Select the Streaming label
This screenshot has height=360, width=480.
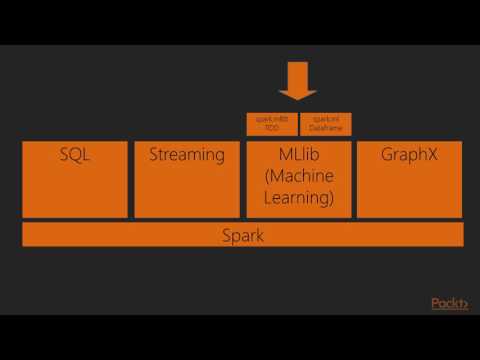click(x=186, y=155)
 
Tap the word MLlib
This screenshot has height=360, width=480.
click(x=297, y=155)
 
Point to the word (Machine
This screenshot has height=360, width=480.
click(x=297, y=176)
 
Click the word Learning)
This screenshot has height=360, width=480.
click(x=297, y=197)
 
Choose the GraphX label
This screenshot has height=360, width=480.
click(x=408, y=155)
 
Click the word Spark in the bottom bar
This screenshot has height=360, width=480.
click(x=242, y=235)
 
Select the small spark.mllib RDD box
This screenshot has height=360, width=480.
click(x=269, y=125)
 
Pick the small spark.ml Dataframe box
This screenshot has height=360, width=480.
click(x=326, y=125)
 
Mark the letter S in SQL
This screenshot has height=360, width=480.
click(x=62, y=155)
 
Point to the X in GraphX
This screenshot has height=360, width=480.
click(x=431, y=155)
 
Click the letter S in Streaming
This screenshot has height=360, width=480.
click(x=154, y=155)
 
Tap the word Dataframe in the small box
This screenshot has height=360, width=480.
click(x=326, y=129)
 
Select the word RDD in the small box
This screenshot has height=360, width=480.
click(x=269, y=129)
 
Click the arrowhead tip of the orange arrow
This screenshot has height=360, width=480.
click(x=297, y=99)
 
